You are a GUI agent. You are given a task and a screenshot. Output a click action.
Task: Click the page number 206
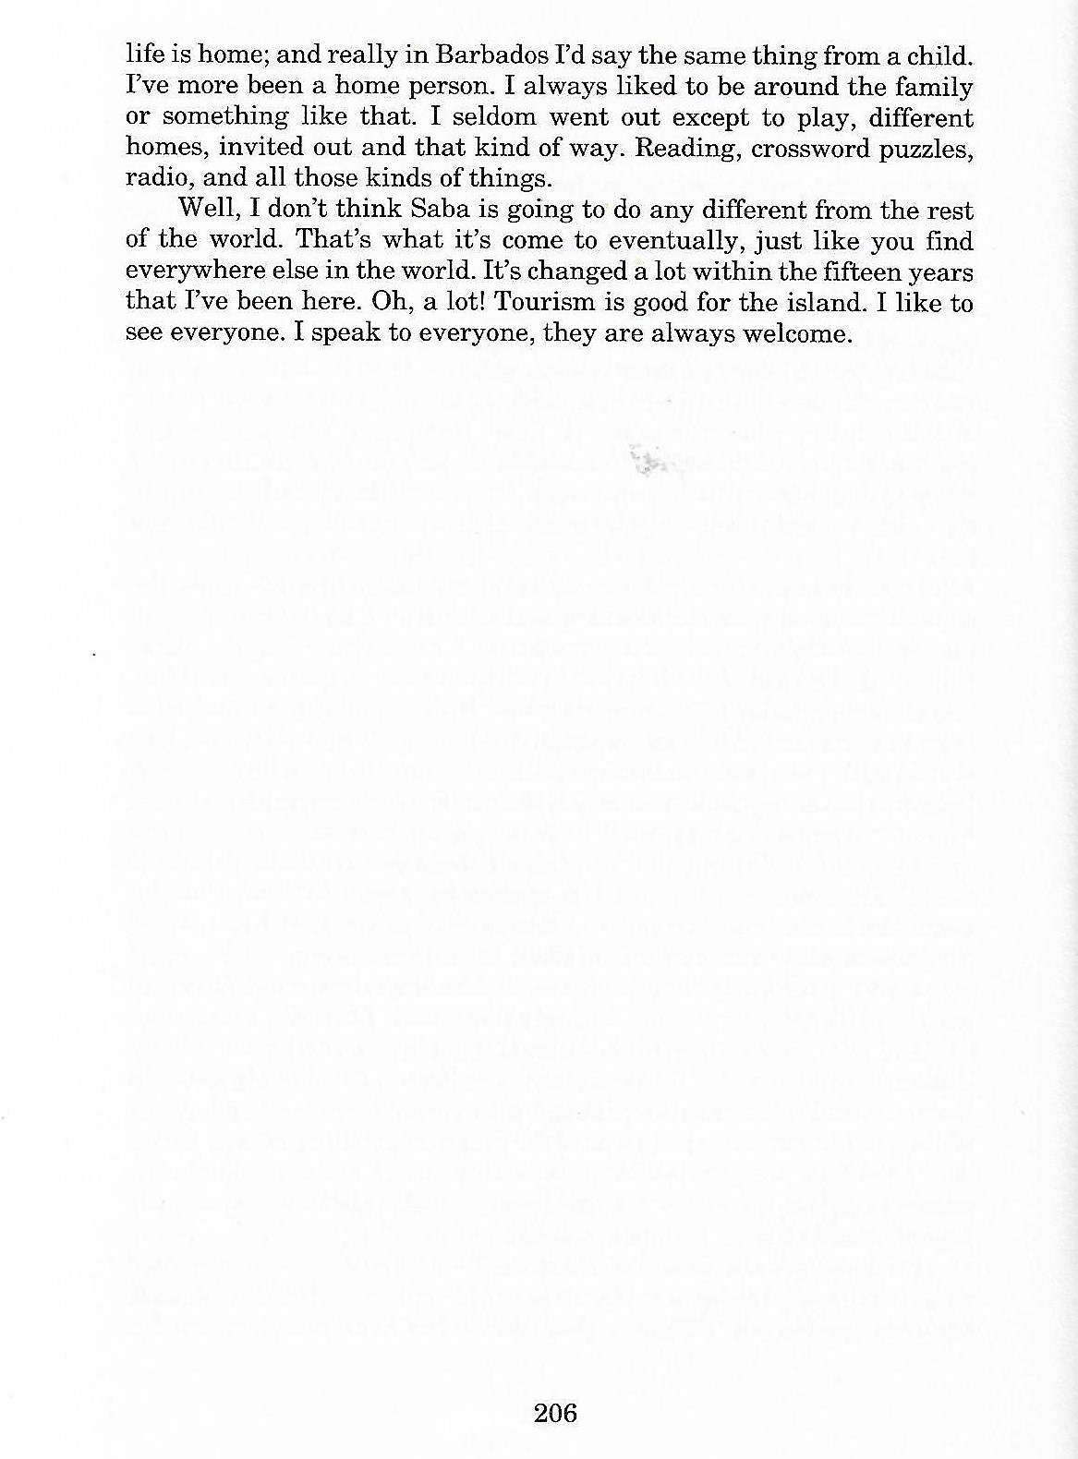(555, 1413)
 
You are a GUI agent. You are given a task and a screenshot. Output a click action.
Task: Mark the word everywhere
(193, 272)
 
